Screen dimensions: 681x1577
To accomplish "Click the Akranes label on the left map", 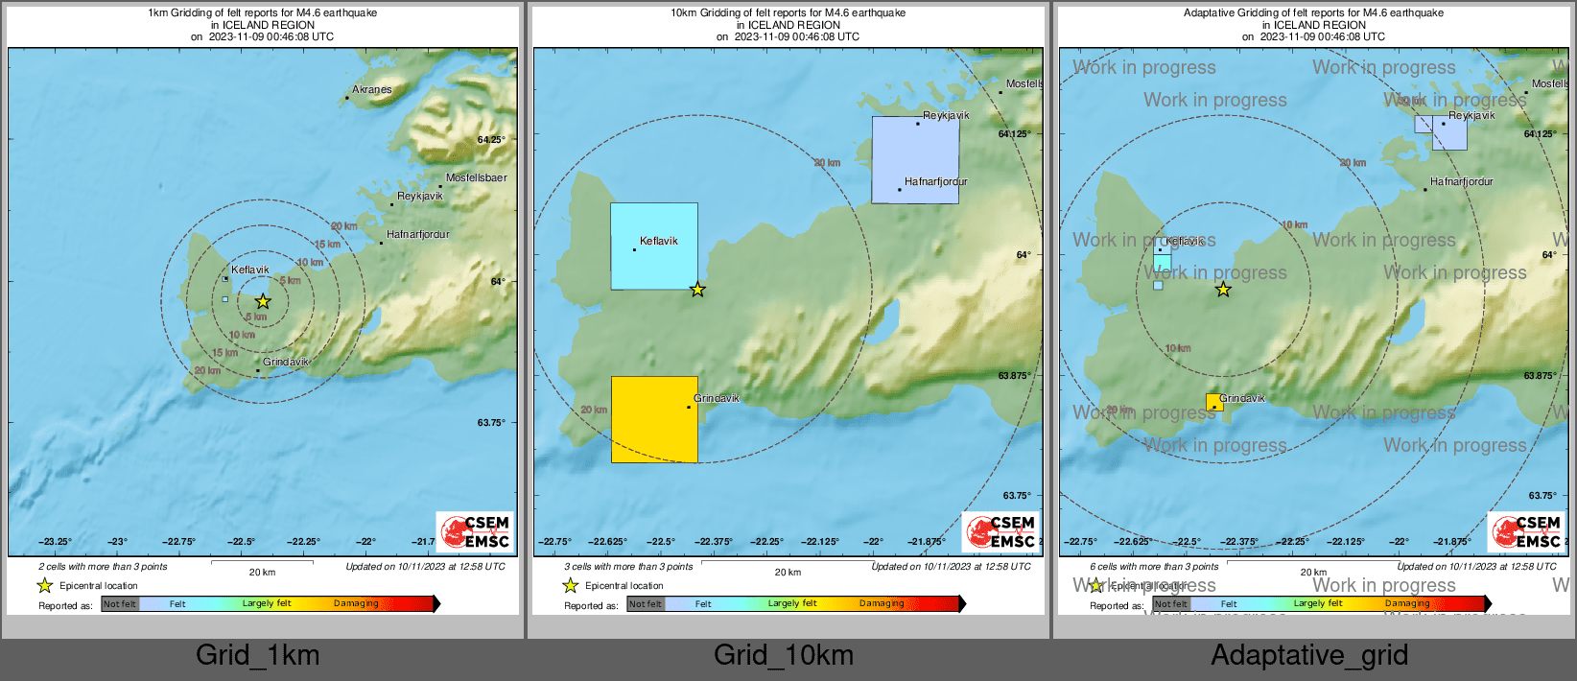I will click(372, 89).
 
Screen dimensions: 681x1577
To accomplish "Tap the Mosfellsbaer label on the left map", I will click(476, 177).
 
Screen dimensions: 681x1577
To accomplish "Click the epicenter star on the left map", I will click(263, 301).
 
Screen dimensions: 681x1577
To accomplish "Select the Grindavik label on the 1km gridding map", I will click(286, 362).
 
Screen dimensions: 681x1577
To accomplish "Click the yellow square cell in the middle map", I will click(654, 419).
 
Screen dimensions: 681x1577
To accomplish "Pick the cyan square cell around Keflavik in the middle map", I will click(654, 246).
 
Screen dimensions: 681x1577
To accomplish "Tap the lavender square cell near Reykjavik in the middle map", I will click(915, 159).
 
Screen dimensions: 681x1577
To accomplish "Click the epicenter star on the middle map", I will click(697, 290).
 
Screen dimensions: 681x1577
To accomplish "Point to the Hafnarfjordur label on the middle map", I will click(935, 181).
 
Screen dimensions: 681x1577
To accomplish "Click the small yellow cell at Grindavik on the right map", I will click(1214, 402).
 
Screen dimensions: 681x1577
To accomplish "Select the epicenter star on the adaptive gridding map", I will click(1223, 290).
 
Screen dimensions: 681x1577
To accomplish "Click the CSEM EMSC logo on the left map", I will click(475, 531).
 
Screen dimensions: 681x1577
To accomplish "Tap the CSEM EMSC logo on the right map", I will click(1526, 531).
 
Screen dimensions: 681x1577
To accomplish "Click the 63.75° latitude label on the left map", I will click(491, 422).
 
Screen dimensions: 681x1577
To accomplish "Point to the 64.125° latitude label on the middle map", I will click(1015, 133).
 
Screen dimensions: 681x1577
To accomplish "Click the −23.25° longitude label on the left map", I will click(56, 542).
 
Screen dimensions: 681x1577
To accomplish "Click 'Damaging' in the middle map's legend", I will click(882, 603).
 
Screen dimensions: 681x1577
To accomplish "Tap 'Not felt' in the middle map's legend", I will click(646, 604).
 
